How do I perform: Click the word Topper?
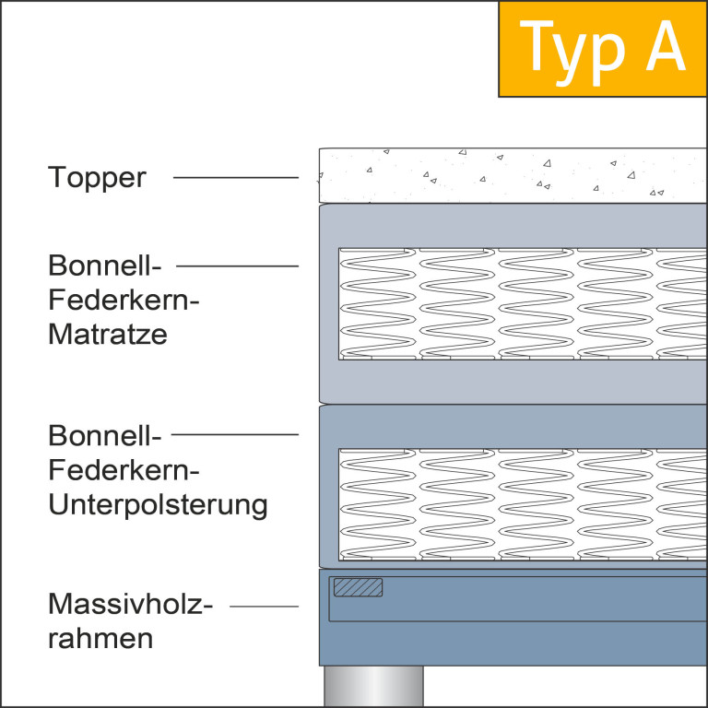97,177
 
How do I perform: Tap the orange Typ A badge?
603,49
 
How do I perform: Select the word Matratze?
108,334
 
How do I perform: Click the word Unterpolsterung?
158,505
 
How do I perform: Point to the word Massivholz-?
130,604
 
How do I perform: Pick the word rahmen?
100,639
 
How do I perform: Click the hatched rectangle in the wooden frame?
358,587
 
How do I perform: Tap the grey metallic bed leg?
374,686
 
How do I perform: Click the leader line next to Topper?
236,177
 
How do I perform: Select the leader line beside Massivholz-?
265,606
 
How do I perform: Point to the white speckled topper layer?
513,175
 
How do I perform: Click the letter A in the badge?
666,45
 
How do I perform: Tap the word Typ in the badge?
572,53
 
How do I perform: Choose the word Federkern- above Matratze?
124,300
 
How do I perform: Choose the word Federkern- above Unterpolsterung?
124,469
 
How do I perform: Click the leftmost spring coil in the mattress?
377,303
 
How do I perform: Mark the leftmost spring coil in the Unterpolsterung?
377,504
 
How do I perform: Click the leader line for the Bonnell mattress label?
237,265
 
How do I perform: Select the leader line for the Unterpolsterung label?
235,434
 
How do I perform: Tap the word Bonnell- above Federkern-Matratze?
104,265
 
